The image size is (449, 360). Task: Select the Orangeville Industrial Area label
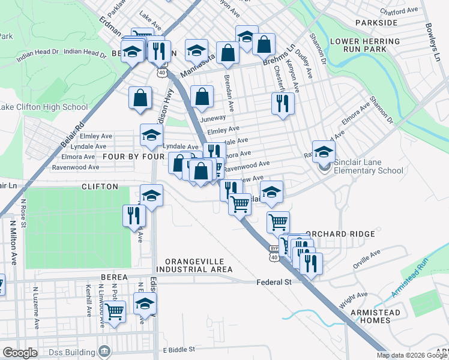click(x=198, y=265)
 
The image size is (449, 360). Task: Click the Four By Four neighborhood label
click(x=134, y=156)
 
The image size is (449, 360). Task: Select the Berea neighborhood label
click(x=115, y=277)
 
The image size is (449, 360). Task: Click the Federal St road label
click(x=274, y=281)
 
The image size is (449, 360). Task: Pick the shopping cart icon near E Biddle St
click(x=114, y=311)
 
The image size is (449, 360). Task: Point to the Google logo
click(x=20, y=352)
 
